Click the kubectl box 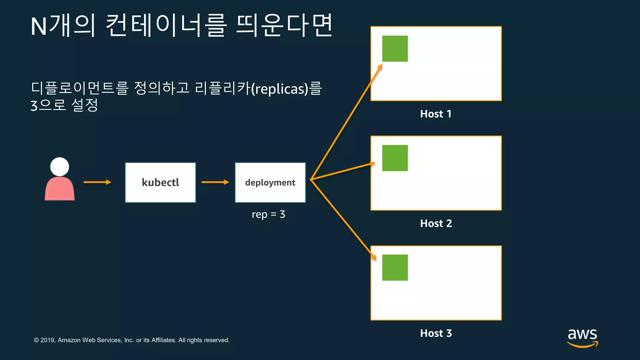(160, 182)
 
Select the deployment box (270, 182)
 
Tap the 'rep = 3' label (268, 214)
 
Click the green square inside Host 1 (395, 49)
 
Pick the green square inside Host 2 (395, 158)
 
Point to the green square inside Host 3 (395, 268)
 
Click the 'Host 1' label (436, 114)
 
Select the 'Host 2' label (436, 223)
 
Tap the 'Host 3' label (436, 333)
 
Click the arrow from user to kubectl (97, 182)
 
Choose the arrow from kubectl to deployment (215, 182)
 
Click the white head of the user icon (60, 167)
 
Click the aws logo (582, 337)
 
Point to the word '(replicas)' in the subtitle (280, 89)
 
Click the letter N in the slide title (39, 27)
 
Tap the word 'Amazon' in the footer (69, 340)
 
